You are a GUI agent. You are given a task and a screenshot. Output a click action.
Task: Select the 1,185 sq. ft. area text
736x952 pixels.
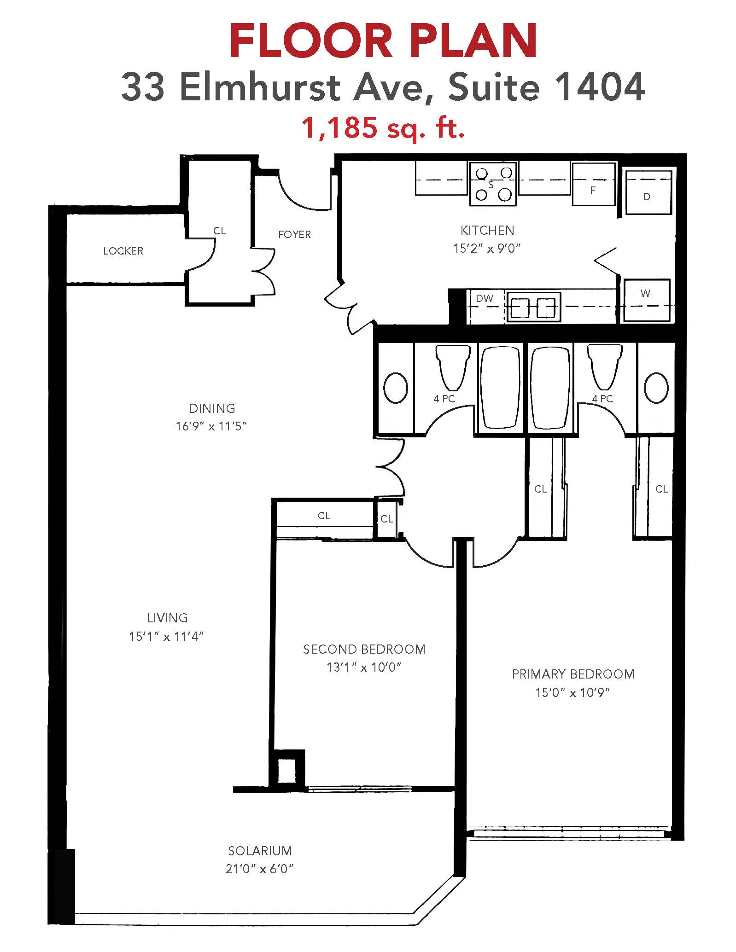point(383,128)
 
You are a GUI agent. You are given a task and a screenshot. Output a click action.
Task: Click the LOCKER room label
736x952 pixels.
point(123,251)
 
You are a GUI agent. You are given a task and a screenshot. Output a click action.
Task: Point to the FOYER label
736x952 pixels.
point(294,234)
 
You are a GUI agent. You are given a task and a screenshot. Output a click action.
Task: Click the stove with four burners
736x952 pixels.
point(493,184)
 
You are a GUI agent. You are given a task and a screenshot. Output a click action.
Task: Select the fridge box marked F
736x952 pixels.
point(594,184)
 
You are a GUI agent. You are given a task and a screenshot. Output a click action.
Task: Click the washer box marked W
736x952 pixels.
point(647,300)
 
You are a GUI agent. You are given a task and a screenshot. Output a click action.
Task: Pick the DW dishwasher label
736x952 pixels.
point(485,298)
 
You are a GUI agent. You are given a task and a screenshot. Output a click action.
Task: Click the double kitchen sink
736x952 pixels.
point(533,307)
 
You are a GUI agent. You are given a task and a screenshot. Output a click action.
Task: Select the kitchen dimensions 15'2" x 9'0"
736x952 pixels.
point(487,249)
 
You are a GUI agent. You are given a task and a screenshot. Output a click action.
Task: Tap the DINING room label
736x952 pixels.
point(212,408)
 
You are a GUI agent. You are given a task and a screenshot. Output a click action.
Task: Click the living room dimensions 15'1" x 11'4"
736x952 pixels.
point(166,636)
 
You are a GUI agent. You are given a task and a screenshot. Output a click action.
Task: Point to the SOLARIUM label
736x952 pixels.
point(260,851)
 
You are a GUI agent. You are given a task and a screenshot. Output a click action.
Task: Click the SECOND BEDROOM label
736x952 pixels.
point(364,649)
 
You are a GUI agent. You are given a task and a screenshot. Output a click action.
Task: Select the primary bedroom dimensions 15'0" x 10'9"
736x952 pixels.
point(572,692)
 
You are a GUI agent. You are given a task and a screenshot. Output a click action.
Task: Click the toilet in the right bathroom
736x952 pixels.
point(604,367)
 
